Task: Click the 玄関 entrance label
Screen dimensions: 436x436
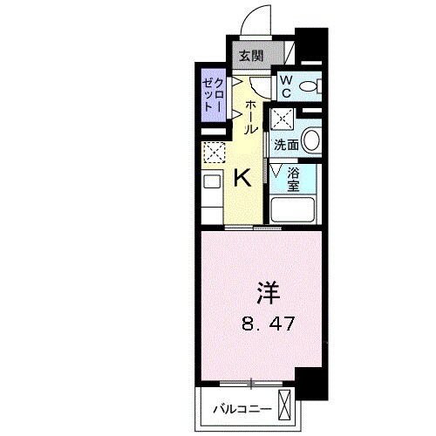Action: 249,55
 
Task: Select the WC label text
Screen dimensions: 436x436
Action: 285,85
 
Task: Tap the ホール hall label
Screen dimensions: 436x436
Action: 251,116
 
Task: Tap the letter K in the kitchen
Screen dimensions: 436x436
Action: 243,178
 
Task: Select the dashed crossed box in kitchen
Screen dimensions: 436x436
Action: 214,153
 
